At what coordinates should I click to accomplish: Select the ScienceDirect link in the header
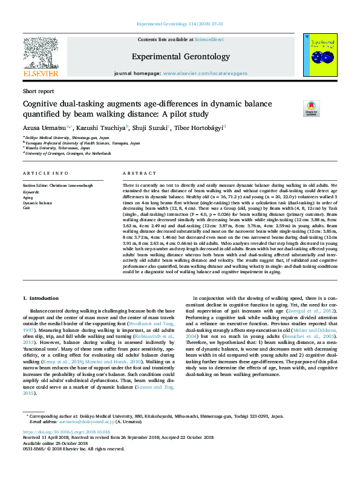209,39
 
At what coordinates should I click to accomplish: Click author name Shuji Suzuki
150,128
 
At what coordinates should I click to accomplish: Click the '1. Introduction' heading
41,299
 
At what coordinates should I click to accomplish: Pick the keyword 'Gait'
26,207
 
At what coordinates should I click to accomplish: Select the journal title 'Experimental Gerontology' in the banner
179,56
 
